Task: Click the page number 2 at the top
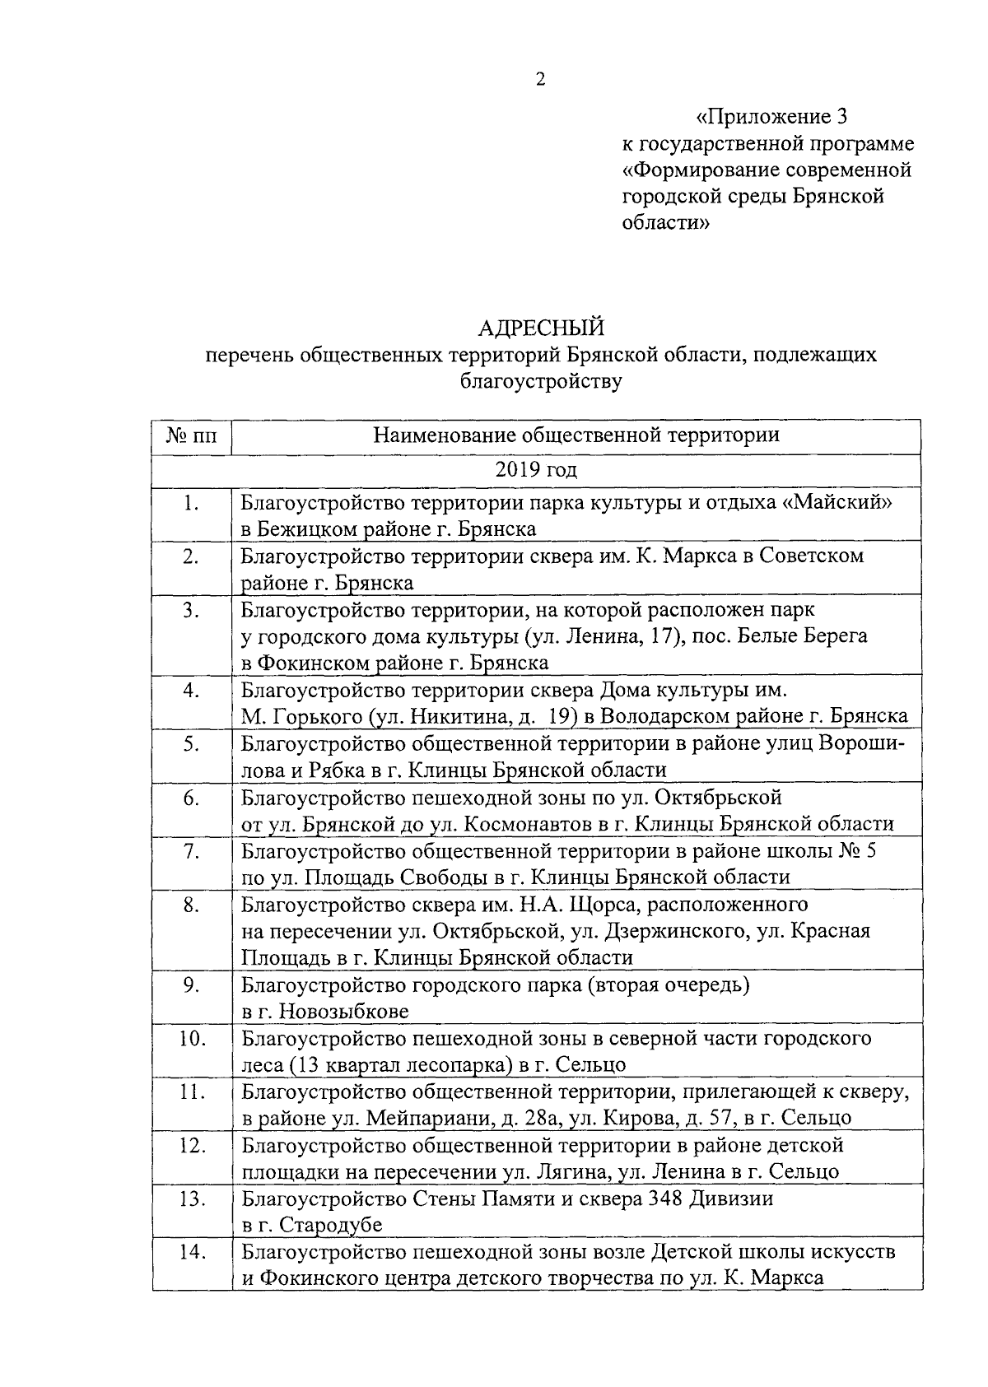pyautogui.click(x=541, y=80)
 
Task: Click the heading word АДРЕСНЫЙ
pyautogui.click(x=541, y=328)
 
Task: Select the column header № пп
pyautogui.click(x=192, y=435)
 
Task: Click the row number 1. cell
pyautogui.click(x=192, y=503)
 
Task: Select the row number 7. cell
pyautogui.click(x=192, y=851)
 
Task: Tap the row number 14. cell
pyautogui.click(x=192, y=1252)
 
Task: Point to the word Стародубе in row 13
pyautogui.click(x=331, y=1225)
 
